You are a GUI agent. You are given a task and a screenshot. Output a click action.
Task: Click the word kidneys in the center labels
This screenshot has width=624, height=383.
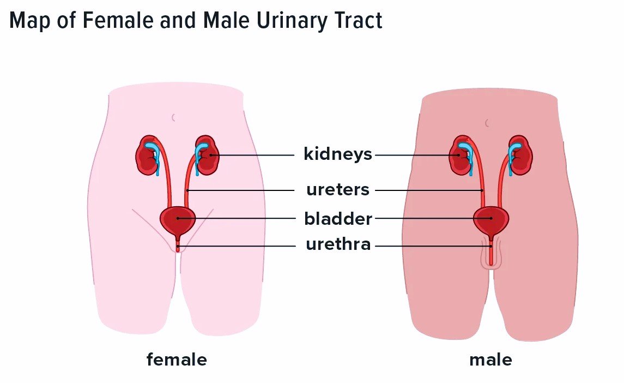(338, 154)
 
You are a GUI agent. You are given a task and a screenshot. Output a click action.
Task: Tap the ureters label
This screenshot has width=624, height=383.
(338, 190)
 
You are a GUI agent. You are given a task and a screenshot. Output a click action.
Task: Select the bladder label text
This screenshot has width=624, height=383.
(338, 218)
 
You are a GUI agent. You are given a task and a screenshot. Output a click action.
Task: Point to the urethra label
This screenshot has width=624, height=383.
(338, 244)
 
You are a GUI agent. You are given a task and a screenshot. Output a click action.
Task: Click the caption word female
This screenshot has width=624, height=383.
(177, 360)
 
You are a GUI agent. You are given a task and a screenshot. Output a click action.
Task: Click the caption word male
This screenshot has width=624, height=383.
(490, 360)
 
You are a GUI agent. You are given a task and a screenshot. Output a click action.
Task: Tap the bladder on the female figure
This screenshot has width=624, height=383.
(178, 222)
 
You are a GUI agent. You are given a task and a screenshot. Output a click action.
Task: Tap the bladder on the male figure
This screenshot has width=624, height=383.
(491, 222)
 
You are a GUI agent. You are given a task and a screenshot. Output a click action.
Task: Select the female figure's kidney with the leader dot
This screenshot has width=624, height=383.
(207, 155)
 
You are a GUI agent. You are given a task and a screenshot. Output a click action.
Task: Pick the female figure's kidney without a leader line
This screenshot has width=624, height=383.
(148, 155)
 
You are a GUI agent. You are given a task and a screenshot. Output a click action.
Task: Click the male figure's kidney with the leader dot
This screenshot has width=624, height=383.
(461, 155)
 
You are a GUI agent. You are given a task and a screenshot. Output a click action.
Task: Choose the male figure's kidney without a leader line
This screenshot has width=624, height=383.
(520, 155)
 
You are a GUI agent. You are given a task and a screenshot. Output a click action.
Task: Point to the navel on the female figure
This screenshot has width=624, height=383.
(173, 117)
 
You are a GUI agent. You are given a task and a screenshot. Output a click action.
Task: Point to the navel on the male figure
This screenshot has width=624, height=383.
(487, 123)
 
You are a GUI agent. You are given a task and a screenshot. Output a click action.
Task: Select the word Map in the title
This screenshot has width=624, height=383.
(30, 21)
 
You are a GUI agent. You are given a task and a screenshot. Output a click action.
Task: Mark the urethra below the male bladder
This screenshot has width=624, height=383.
(491, 251)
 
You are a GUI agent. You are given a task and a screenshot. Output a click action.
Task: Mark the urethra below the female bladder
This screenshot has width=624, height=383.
(178, 244)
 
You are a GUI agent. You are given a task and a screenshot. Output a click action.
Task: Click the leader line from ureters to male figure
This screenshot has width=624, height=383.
(429, 190)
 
